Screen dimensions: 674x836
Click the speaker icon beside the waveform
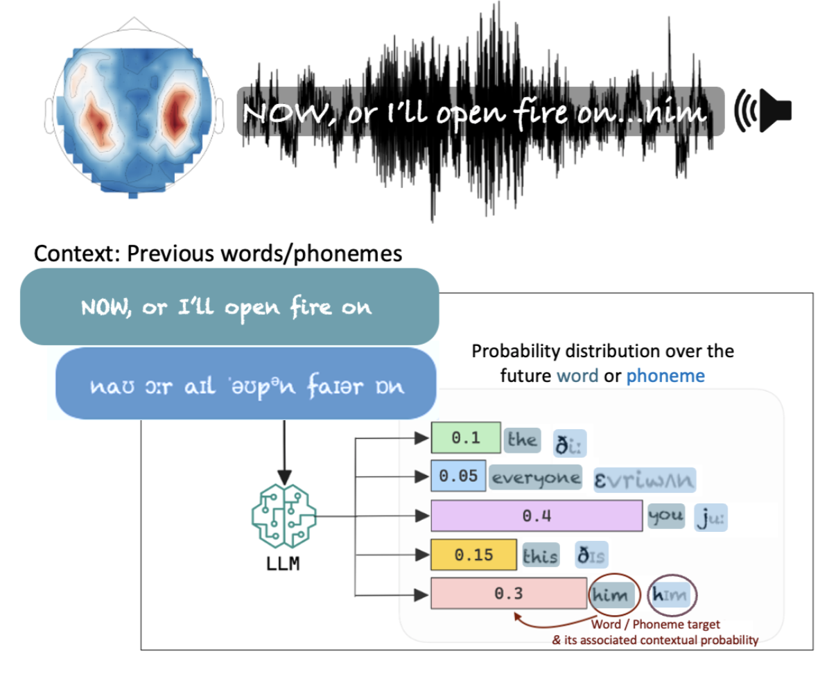765,110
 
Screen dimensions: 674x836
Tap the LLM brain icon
284,517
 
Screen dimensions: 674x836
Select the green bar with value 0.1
465,438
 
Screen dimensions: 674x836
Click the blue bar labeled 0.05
458,476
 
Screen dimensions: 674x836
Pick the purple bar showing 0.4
536,516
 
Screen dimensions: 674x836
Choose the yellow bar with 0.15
473,555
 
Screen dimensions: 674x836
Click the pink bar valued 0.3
508,594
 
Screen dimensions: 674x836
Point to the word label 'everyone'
535,477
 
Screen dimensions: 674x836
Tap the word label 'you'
665,516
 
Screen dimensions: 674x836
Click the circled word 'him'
611,594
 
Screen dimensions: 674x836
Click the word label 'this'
541,555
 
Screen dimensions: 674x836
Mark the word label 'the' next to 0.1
522,439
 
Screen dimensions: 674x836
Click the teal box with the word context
229,306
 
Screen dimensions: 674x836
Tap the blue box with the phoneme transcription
245,385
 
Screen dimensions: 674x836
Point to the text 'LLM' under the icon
283,564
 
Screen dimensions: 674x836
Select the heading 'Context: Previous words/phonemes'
218,254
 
